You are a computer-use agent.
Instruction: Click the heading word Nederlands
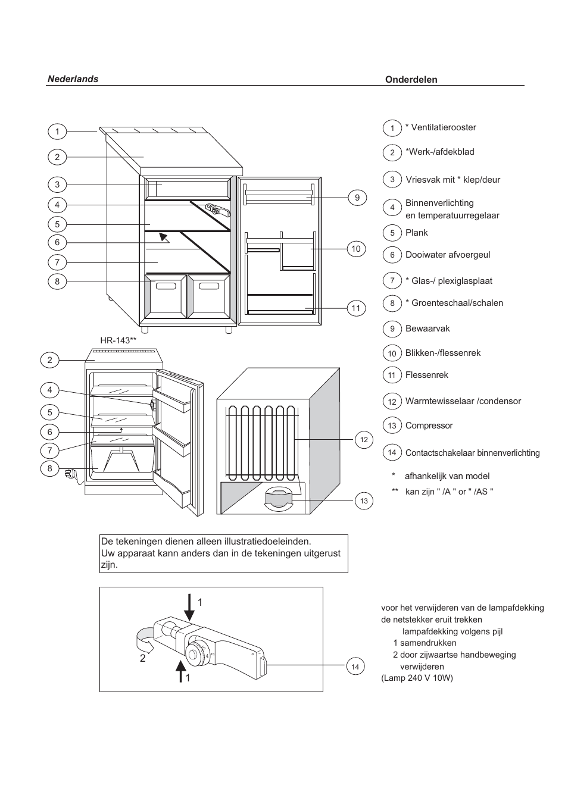point(73,79)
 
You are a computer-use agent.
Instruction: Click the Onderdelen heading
point(411,80)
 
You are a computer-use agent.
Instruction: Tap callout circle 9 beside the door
point(357,198)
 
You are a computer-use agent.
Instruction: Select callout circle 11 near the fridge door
point(355,308)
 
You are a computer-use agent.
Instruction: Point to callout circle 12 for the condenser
point(364,440)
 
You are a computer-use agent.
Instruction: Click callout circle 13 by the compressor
point(364,500)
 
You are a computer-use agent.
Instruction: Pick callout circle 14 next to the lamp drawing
point(355,667)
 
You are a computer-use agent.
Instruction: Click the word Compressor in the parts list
point(429,426)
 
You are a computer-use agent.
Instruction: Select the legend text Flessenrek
point(426,375)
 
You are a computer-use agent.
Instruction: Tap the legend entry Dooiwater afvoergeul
point(448,255)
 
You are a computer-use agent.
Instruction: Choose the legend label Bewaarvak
point(427,329)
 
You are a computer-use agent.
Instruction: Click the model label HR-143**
point(118,340)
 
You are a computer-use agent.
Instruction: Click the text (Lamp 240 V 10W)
point(417,678)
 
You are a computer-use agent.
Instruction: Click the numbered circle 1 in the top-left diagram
point(57,132)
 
